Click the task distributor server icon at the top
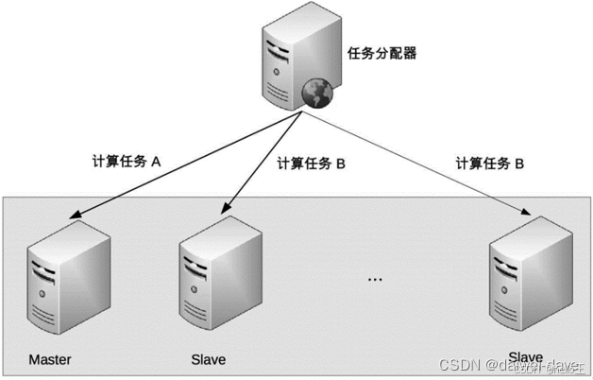point(292,62)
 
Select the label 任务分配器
point(381,54)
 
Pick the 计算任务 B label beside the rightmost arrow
point(489,163)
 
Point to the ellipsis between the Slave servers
point(374,280)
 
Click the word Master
point(50,360)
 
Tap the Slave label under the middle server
point(209,360)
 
